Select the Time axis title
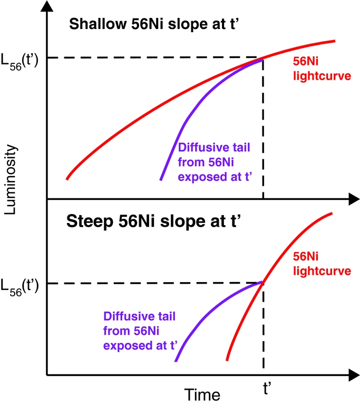[x=202, y=394]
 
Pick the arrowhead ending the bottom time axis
[x=349, y=375]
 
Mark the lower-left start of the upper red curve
[x=67, y=179]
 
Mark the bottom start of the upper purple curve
[x=161, y=180]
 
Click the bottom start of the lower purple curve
[x=176, y=361]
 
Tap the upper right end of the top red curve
[x=334, y=41]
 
